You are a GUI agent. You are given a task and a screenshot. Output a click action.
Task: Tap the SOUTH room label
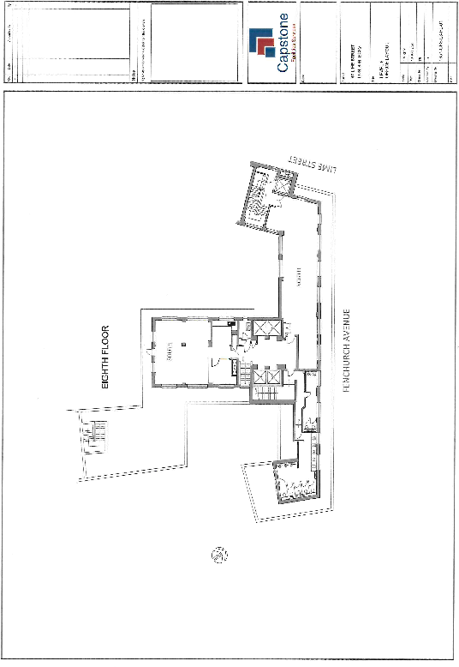[171, 352]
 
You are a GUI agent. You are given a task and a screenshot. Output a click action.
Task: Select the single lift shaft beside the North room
[261, 330]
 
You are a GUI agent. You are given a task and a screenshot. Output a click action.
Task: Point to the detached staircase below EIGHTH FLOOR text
[94, 436]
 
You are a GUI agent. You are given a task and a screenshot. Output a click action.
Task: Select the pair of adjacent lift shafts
[267, 377]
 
